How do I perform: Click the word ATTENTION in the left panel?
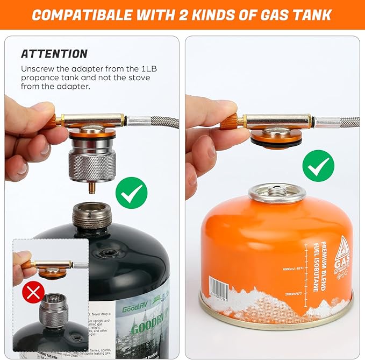54,54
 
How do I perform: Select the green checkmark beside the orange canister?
318,165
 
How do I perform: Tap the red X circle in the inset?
33,293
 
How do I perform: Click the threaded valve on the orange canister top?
276,192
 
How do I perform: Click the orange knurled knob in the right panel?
228,122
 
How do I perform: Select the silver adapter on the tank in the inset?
53,309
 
